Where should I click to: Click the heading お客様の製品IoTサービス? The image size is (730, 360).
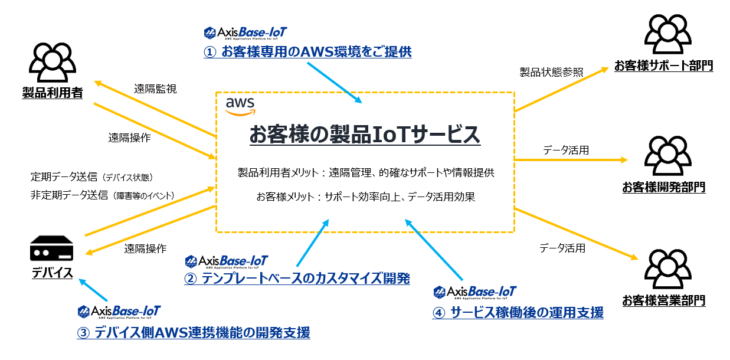(365, 135)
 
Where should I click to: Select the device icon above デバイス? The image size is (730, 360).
(52, 250)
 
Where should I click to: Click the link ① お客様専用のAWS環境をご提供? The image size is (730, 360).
(307, 52)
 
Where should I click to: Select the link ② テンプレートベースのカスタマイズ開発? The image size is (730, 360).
(297, 278)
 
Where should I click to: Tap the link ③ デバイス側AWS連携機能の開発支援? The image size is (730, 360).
(194, 333)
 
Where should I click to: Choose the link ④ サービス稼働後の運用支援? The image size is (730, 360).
(518, 313)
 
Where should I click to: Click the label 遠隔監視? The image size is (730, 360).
(155, 89)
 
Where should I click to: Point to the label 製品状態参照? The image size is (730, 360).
(551, 72)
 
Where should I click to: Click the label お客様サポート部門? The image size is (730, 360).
(663, 66)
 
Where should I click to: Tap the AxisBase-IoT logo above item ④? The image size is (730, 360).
(475, 292)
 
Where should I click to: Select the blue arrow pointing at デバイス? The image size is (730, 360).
(94, 290)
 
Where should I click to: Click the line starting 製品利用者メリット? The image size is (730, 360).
(365, 173)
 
